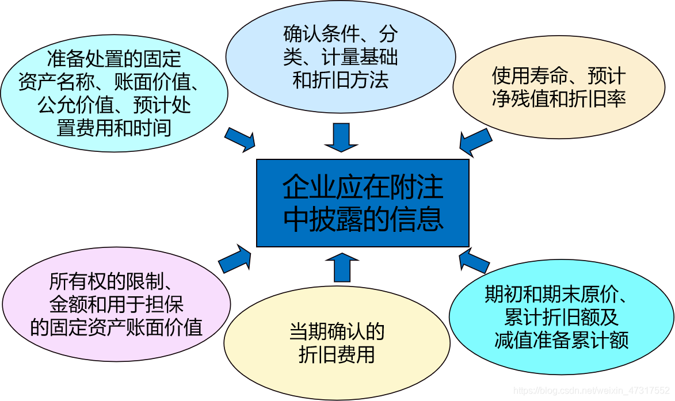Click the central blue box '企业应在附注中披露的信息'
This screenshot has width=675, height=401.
(363, 203)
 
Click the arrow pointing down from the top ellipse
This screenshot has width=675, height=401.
(341, 136)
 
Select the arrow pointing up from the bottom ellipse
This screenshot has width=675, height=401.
(342, 268)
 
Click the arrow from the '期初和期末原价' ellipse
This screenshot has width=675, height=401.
(474, 261)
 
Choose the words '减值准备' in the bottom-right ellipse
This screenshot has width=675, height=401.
(532, 339)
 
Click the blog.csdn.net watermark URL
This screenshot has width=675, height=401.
(593, 391)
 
